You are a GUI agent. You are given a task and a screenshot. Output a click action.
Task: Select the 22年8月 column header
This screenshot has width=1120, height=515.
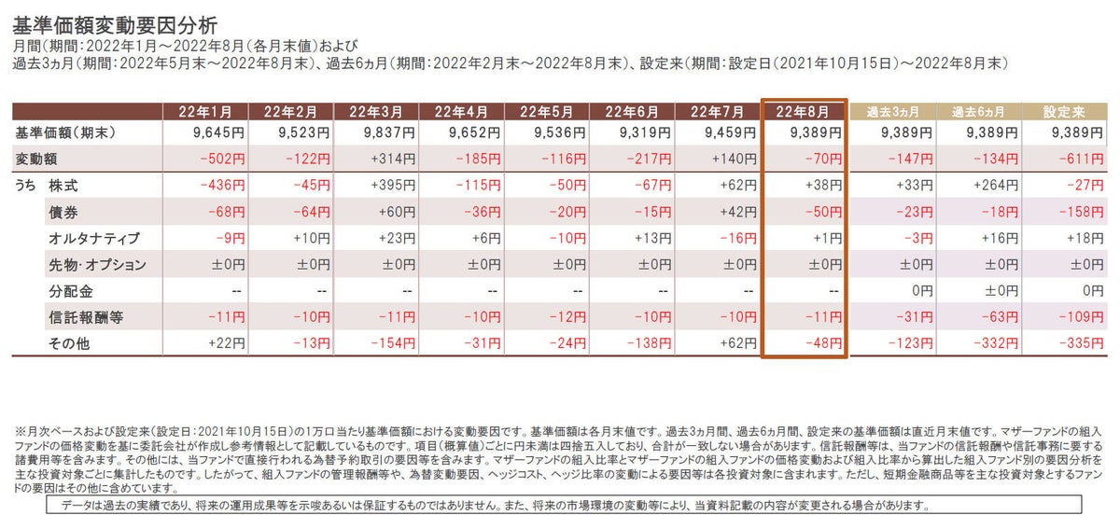click(804, 112)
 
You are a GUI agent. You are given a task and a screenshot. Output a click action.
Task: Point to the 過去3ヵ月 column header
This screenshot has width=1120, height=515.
click(892, 112)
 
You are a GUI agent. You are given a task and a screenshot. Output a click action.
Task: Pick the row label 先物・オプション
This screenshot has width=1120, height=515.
click(97, 265)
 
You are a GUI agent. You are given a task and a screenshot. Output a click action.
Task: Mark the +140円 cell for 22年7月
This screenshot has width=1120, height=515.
click(734, 160)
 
